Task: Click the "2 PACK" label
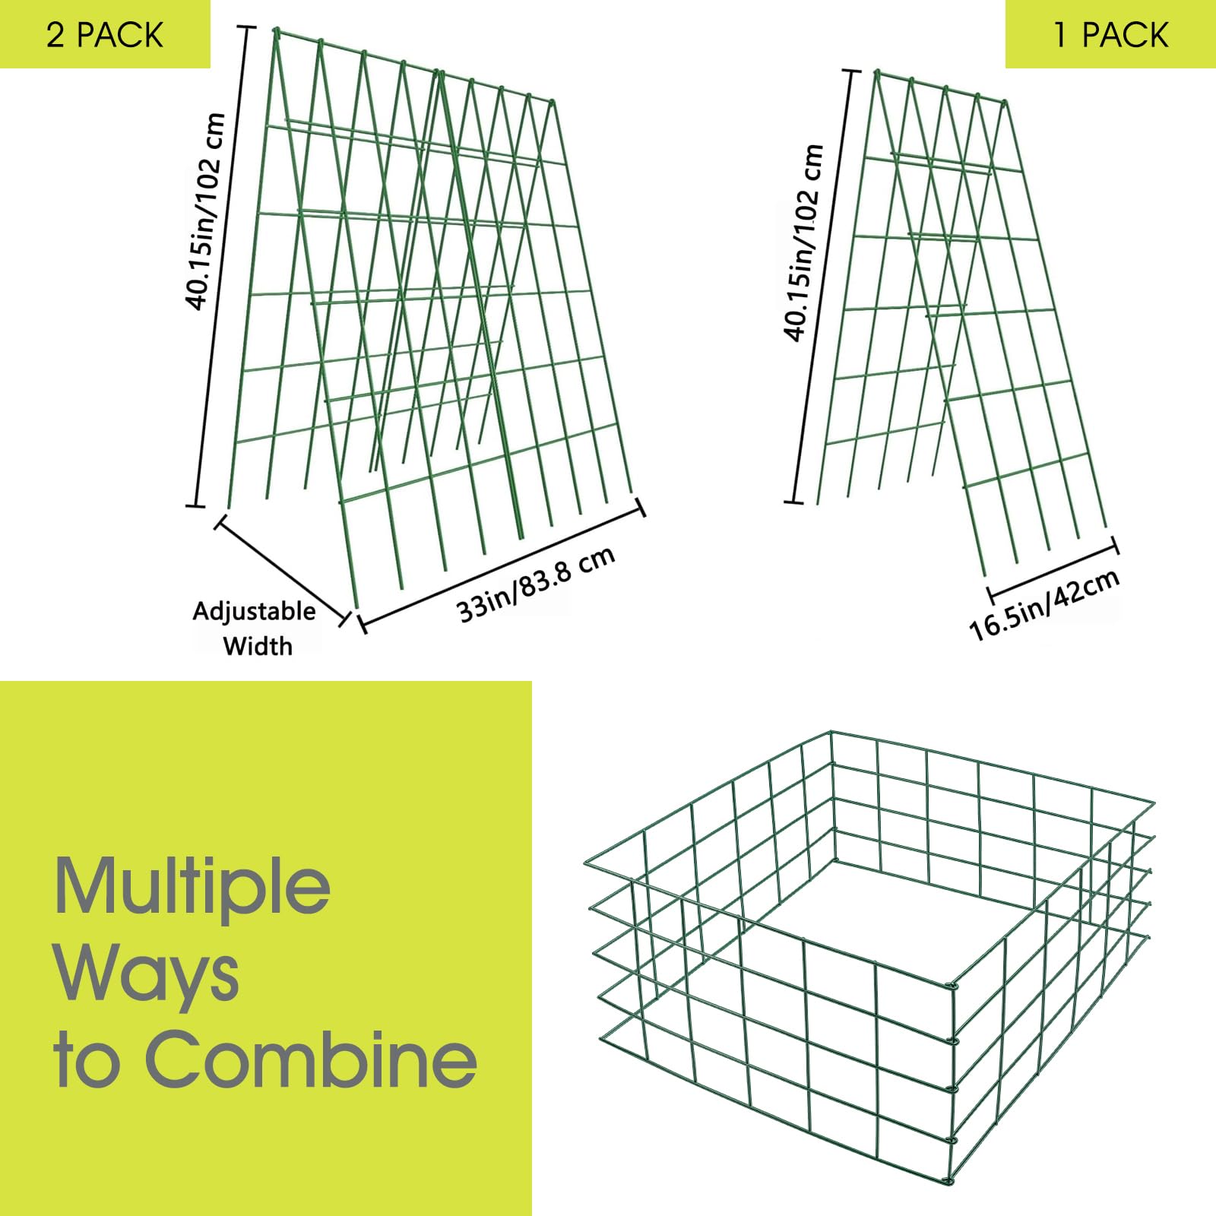coord(105,35)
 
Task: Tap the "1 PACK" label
coord(1110,35)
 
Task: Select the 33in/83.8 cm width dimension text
coord(536,584)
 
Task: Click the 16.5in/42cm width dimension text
coord(1045,605)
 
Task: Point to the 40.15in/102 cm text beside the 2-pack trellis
coord(205,211)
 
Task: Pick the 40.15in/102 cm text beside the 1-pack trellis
coord(803,242)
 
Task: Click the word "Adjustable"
coord(254,611)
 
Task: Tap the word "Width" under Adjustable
coord(258,646)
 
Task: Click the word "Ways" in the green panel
coord(147,975)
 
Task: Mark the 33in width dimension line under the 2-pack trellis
coord(501,565)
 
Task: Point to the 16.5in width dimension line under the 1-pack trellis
coord(1053,572)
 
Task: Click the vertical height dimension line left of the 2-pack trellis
coord(221,265)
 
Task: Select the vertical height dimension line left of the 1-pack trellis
coord(822,287)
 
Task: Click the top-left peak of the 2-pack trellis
coord(277,31)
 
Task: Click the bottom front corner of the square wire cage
coord(947,1181)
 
